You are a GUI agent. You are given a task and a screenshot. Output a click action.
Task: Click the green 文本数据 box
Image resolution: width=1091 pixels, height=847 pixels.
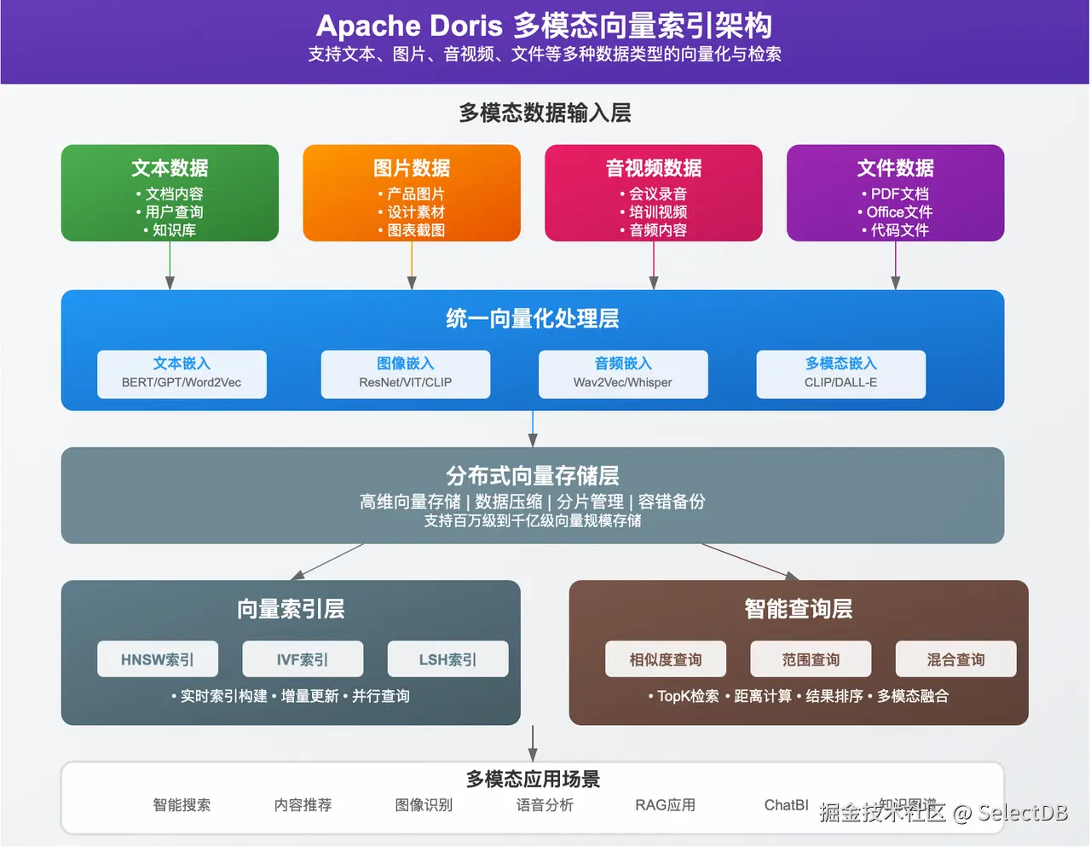point(170,193)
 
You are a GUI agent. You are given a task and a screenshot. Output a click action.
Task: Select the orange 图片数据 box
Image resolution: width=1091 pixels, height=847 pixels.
point(412,193)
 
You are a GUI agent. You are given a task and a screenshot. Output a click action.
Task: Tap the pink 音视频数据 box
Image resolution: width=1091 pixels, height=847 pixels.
point(654,193)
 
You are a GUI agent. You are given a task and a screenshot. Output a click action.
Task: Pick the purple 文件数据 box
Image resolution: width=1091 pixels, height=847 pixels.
point(895,193)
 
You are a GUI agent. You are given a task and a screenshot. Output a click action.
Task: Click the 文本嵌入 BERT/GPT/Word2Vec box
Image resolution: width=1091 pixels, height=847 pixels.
point(182,374)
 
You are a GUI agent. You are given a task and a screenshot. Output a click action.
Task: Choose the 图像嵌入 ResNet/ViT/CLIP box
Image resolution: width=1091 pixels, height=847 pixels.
point(406,374)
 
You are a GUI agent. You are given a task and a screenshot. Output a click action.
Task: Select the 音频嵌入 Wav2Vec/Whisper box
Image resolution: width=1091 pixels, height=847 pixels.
point(623,374)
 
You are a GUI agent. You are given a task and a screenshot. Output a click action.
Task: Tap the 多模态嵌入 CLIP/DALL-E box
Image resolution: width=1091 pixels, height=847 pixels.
point(841,374)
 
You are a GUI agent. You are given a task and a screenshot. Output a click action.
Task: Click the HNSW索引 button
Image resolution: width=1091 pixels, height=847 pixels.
point(158,659)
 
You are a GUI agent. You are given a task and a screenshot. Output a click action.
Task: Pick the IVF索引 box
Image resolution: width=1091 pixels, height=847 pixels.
point(303,659)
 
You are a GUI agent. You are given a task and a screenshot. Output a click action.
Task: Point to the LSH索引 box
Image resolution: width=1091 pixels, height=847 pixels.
point(447,659)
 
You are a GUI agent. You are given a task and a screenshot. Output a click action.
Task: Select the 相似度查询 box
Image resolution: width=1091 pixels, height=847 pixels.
point(666,659)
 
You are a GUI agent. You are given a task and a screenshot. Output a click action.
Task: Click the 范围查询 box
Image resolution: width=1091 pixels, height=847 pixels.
point(811,659)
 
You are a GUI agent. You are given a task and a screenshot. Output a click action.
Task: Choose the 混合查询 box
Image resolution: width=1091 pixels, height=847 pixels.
point(955,659)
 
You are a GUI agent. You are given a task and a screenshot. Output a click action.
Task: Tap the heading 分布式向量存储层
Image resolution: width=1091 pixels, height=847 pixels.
point(533,475)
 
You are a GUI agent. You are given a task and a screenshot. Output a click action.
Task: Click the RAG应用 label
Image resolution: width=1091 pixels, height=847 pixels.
point(665,805)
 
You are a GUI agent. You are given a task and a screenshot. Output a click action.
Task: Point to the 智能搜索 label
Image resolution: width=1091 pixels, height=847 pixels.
point(182,805)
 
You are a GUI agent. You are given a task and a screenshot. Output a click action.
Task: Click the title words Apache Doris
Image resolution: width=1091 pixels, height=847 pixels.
point(409,26)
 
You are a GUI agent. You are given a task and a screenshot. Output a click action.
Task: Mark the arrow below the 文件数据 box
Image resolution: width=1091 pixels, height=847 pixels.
point(895,266)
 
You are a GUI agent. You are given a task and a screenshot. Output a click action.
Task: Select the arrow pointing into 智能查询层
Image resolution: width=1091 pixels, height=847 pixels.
point(750,562)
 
